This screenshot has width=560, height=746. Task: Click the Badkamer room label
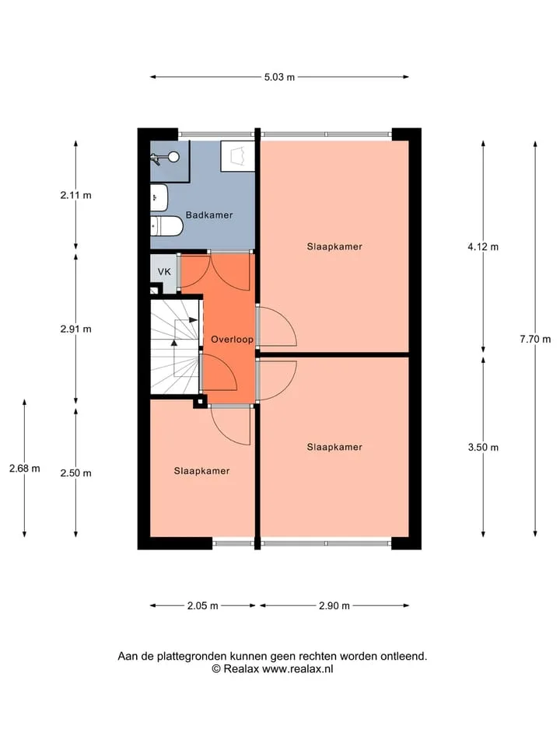(x=209, y=215)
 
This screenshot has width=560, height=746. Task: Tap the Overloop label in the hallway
(x=232, y=340)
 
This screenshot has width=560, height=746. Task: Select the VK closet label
(x=164, y=272)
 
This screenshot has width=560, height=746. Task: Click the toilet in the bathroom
(x=166, y=226)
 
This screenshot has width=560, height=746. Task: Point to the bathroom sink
(x=159, y=197)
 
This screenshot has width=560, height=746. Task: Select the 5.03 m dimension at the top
(x=279, y=77)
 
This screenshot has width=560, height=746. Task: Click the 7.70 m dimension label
(x=535, y=340)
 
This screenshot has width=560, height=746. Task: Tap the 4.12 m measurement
(x=483, y=246)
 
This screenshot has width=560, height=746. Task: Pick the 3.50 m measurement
(x=483, y=448)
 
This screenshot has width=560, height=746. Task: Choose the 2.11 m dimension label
(x=75, y=195)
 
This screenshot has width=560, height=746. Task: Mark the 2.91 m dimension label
(x=75, y=329)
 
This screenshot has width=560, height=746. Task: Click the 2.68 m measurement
(x=25, y=468)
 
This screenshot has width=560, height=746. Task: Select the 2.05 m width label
(x=203, y=605)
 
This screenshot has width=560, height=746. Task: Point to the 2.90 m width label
(x=334, y=605)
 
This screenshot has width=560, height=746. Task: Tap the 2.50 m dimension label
(x=75, y=473)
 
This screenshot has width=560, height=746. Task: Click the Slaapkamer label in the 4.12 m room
(x=334, y=246)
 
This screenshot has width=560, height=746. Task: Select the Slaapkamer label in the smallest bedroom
(x=201, y=471)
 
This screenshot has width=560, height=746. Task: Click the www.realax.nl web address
(x=298, y=669)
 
